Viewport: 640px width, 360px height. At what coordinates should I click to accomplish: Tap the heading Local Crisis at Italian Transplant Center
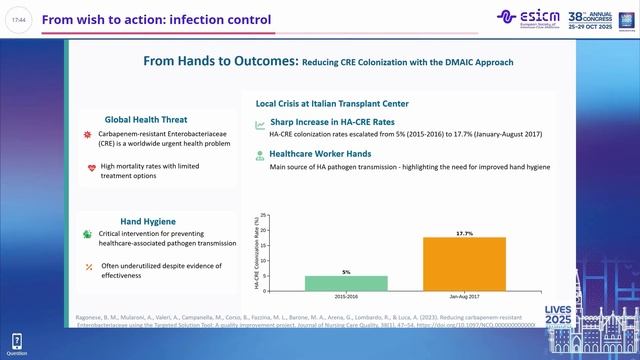[x=325, y=103]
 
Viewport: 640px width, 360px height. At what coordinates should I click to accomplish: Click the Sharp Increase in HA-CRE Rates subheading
[x=335, y=120]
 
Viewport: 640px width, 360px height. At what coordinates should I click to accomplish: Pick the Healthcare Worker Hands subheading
[x=320, y=154]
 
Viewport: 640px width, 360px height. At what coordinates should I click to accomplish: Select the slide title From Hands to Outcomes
[x=221, y=62]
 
